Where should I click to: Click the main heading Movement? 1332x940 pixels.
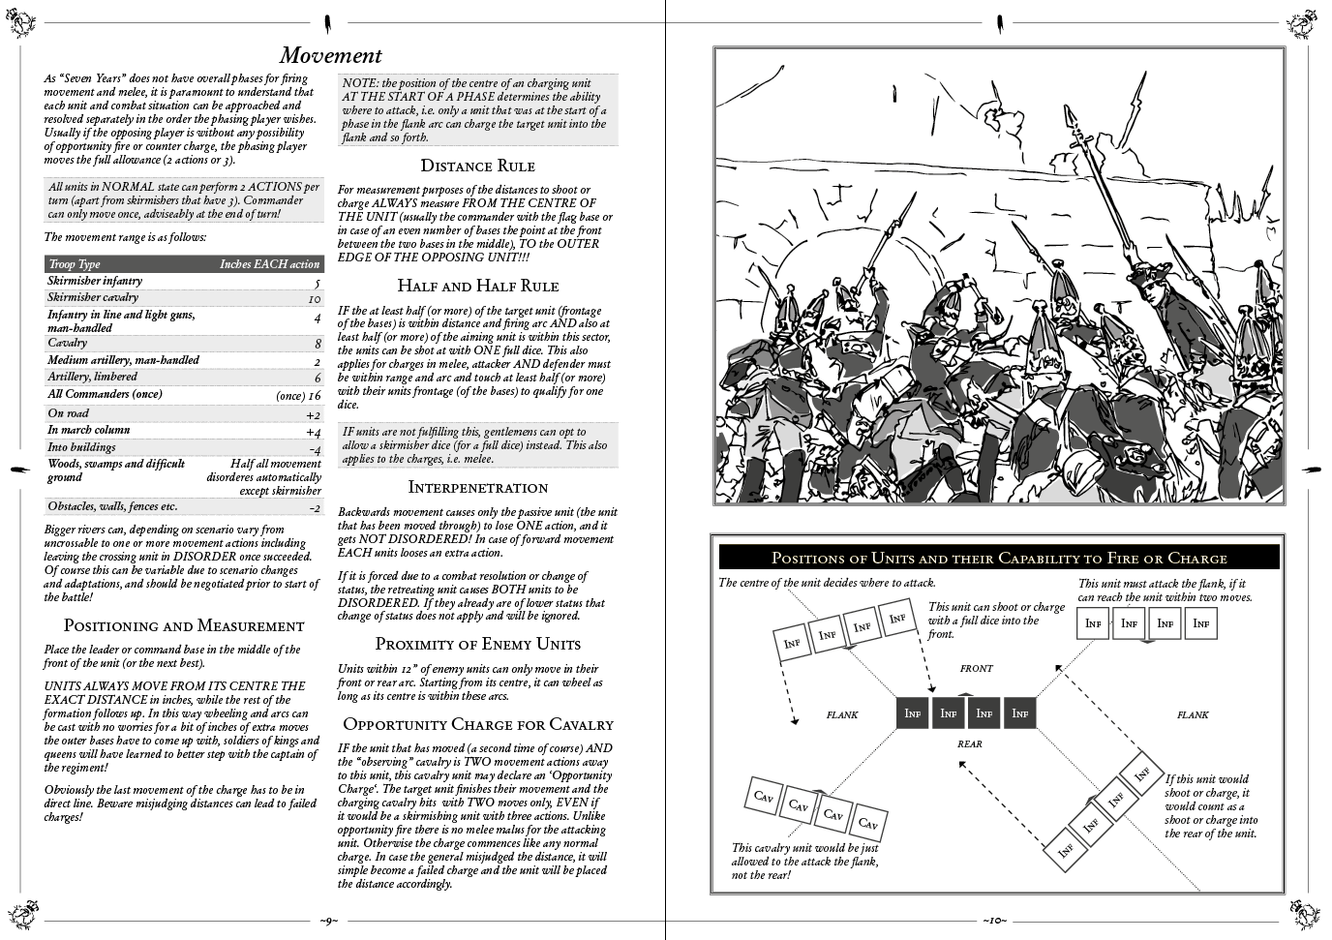point(330,55)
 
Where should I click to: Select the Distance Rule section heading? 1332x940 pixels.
point(477,166)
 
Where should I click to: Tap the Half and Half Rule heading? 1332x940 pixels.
point(477,286)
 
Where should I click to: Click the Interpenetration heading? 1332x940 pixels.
point(477,487)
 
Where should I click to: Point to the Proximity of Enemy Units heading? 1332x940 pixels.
point(477,644)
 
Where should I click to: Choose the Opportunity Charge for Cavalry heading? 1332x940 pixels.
point(477,724)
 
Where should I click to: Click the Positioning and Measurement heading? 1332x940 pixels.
point(183,625)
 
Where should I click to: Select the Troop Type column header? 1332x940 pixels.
point(75,264)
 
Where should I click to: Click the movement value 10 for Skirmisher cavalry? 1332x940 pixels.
point(314,299)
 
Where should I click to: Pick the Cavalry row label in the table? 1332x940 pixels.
point(68,343)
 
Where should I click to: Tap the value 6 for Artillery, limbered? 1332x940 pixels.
point(317,379)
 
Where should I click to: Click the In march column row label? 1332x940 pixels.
point(89,430)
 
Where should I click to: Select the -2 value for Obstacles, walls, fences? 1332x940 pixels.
point(314,507)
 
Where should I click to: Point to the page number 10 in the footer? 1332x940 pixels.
point(994,920)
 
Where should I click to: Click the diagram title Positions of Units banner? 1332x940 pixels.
point(998,558)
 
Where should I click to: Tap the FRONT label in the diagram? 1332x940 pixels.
point(976,668)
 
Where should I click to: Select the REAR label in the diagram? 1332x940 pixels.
point(969,743)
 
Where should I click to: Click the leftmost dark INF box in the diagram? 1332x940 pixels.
point(912,713)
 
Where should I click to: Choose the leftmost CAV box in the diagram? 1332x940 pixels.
point(764,797)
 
